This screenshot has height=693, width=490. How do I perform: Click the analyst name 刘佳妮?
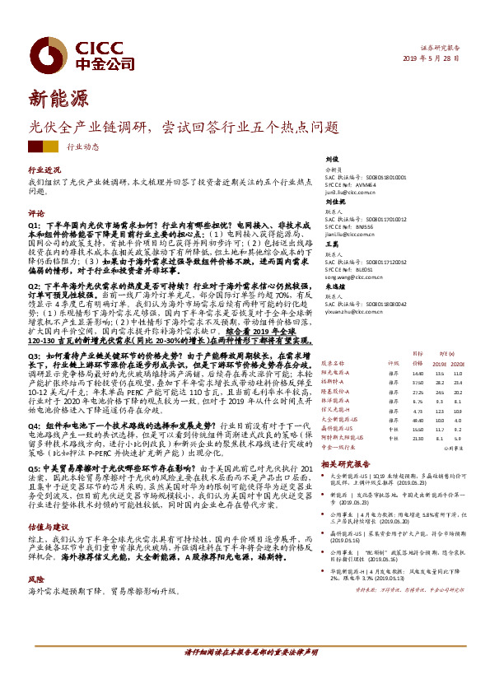point(333,202)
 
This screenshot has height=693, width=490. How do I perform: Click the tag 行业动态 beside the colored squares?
point(82,147)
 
